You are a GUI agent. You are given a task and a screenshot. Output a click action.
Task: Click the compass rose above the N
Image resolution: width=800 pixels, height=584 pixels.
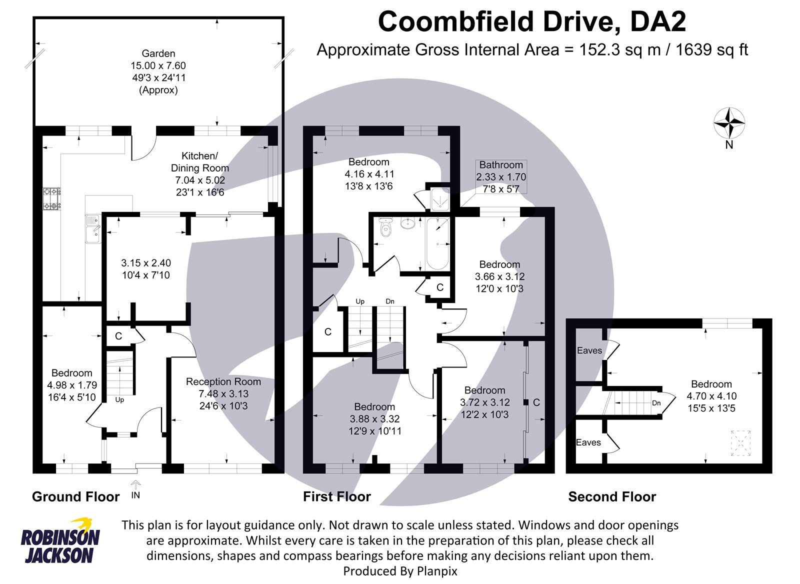point(729,122)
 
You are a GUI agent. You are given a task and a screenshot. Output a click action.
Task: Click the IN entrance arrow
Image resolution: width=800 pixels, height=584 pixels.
point(135,485)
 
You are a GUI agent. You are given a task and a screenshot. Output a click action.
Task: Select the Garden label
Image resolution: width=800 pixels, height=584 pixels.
point(158,53)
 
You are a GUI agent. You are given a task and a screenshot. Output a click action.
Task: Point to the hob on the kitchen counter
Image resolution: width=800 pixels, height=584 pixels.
point(52,198)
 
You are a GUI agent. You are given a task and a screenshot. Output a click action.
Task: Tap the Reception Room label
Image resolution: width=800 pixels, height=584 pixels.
point(223,382)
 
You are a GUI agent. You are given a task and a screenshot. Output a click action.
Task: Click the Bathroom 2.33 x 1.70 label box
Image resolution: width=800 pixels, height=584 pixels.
point(501,176)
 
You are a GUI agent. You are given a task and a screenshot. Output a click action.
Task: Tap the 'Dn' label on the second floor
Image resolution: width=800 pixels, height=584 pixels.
point(656,403)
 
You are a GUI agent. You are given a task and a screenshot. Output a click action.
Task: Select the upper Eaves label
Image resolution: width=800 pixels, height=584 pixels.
point(589,350)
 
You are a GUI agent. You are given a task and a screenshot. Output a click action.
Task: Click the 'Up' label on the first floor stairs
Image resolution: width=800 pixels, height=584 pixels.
point(360,301)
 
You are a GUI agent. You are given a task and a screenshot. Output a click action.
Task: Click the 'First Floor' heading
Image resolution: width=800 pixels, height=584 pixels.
point(337,496)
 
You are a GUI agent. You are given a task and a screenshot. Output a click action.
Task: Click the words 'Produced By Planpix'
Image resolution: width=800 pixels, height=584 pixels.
point(400,570)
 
